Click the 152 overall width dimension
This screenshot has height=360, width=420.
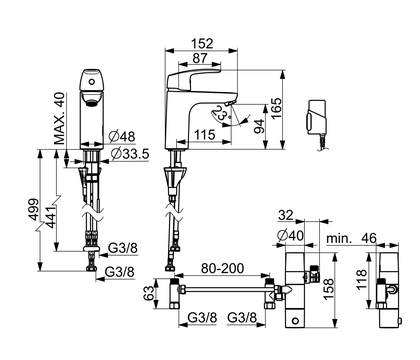[x=202, y=44]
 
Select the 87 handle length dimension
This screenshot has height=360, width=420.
[x=200, y=58]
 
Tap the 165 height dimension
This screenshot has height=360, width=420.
[x=276, y=109]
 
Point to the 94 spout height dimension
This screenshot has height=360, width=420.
[x=259, y=126]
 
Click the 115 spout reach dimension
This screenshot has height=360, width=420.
[x=205, y=135]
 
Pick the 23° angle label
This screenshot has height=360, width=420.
[x=220, y=113]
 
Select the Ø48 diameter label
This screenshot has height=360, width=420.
[x=122, y=136]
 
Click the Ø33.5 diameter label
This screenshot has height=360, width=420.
[x=130, y=154]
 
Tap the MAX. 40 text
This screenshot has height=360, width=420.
[x=60, y=118]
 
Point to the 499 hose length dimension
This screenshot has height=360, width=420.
[x=33, y=209]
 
